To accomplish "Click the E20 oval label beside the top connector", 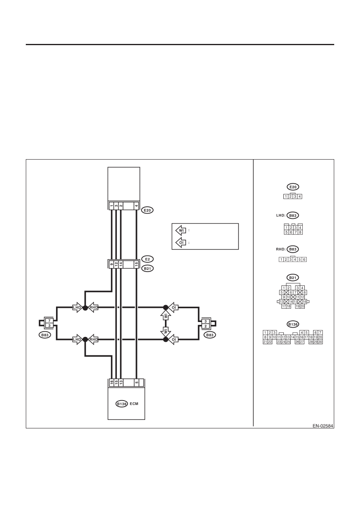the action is (147, 210).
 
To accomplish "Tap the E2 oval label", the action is (147, 259).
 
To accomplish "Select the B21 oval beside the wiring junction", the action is (147, 268).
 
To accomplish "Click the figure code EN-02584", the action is (323, 426).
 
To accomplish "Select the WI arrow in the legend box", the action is (181, 230).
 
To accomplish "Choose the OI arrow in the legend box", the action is (181, 243).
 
